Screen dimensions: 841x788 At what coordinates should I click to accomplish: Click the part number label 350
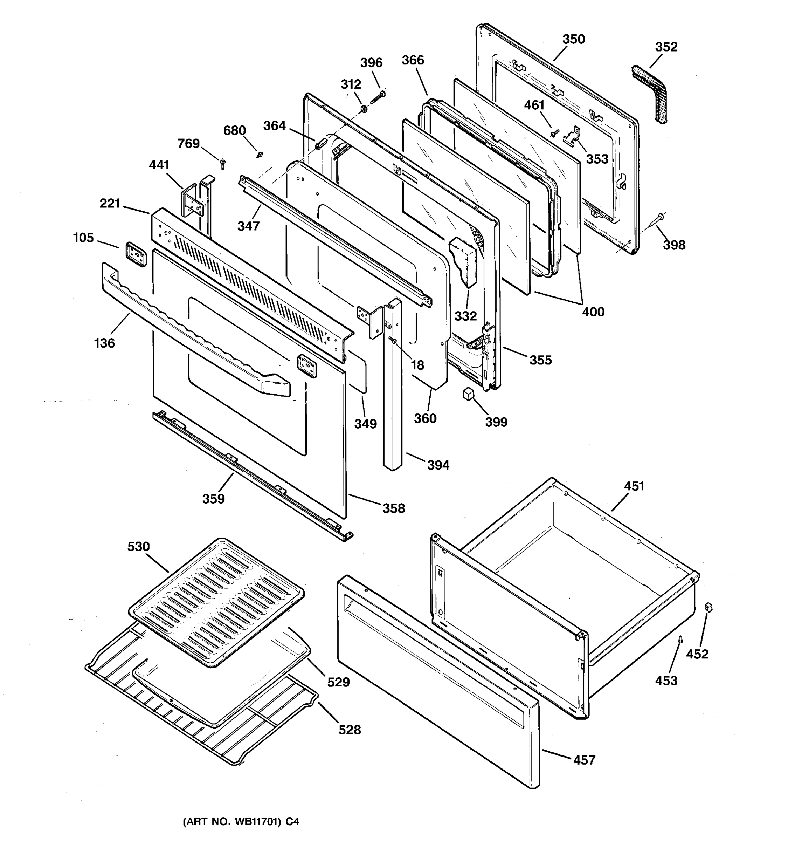pyautogui.click(x=573, y=39)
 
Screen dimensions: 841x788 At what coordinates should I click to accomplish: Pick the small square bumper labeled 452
pyautogui.click(x=709, y=608)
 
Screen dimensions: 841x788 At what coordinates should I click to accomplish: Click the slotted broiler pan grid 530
pyautogui.click(x=216, y=602)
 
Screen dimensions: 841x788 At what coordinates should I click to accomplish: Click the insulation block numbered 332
pyautogui.click(x=463, y=262)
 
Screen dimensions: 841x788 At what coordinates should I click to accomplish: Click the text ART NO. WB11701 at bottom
pyautogui.click(x=241, y=821)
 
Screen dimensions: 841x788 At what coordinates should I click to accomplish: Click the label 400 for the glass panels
pyautogui.click(x=593, y=312)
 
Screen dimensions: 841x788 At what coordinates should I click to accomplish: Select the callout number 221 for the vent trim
pyautogui.click(x=110, y=204)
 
